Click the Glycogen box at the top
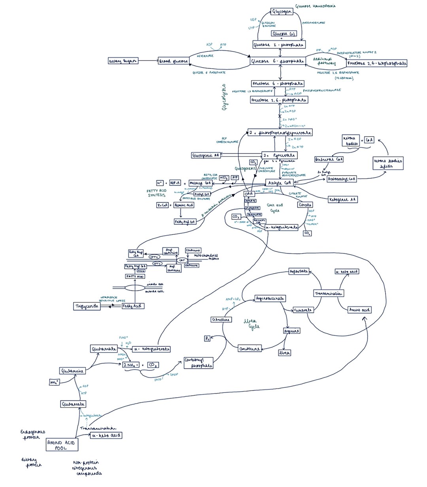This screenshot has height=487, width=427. pos(282,11)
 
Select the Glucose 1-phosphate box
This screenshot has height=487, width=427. pos(279,45)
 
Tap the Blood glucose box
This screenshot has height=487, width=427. pos(174,61)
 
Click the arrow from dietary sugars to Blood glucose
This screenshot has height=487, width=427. pos(148,61)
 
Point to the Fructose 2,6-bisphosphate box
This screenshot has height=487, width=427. pos(377,63)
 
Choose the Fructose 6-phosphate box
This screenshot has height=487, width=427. pos(278,83)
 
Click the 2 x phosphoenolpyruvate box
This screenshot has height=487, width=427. pos(280,132)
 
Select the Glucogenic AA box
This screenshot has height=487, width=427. pos(206,155)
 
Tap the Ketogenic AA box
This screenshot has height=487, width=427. pos(343,200)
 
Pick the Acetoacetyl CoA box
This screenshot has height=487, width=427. pos(342,179)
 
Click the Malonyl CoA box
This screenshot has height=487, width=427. pos(200,183)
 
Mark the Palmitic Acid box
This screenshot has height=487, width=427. pos(184,205)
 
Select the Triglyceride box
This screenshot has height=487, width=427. pos(87,306)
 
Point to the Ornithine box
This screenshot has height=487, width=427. pos(250,349)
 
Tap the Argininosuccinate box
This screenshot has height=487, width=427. pos(270,298)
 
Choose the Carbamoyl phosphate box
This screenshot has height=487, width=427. pos(198,363)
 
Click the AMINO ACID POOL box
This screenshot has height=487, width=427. pos(62,445)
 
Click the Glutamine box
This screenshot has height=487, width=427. pos(72,371)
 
